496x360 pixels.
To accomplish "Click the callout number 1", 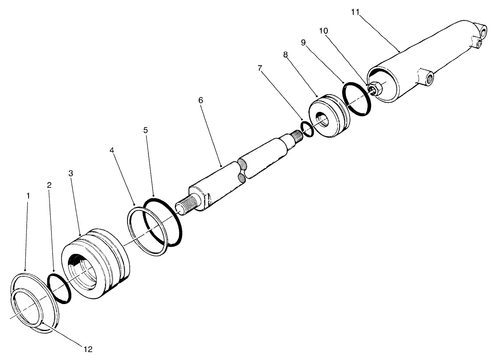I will click(x=28, y=196).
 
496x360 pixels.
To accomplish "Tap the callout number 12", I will click(x=88, y=349).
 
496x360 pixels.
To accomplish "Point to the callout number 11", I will click(x=355, y=12).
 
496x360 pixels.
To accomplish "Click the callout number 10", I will click(x=323, y=31).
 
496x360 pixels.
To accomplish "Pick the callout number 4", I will click(x=112, y=149).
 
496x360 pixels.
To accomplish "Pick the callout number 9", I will click(x=303, y=42).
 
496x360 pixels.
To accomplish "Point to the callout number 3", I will click(x=70, y=173).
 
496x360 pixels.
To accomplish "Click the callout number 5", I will click(x=146, y=130).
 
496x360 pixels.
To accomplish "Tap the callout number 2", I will click(x=49, y=185).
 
